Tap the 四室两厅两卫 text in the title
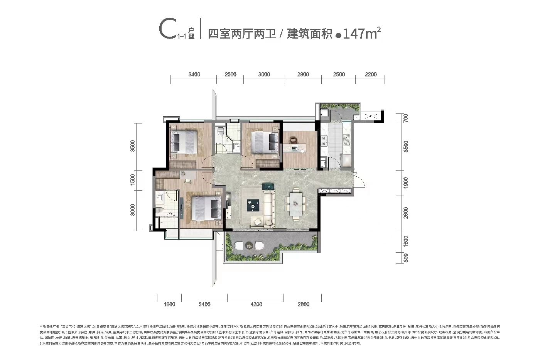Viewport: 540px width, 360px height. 242,34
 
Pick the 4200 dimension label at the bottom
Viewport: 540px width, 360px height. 255,304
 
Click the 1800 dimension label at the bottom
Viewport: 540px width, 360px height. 169,304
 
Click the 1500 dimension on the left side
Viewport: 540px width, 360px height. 133,180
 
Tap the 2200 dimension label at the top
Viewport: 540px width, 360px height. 370,74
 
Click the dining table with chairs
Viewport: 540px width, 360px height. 296,205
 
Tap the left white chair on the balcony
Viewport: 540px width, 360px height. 239,245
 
